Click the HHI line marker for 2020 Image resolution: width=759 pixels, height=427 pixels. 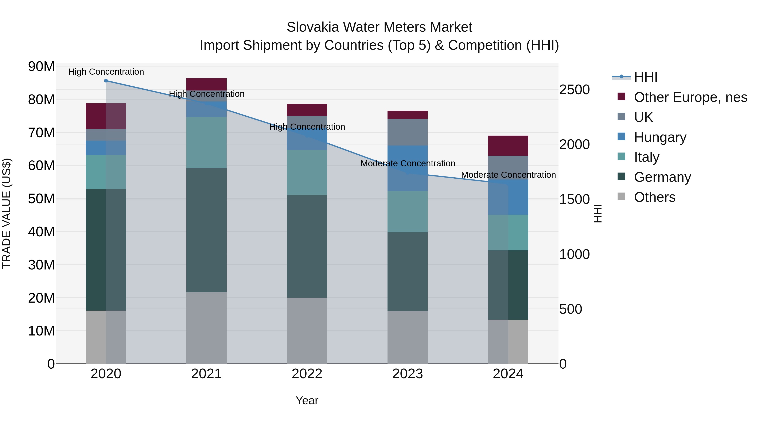(106, 81)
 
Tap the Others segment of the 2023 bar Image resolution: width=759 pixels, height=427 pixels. (408, 337)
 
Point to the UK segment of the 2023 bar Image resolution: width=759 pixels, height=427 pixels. (408, 132)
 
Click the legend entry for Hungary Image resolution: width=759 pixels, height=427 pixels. (660, 137)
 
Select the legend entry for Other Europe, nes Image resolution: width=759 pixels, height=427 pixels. (690, 97)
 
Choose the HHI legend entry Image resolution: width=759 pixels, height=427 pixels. (645, 77)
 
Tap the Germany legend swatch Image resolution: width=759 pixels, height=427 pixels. (621, 177)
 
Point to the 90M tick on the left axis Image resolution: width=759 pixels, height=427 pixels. (41, 67)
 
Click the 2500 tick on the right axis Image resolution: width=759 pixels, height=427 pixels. (574, 90)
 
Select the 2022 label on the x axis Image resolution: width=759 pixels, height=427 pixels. (307, 374)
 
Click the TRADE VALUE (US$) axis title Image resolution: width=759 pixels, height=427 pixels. (7, 213)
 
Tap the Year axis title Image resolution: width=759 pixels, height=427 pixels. (307, 400)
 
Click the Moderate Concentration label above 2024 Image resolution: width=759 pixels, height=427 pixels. (508, 175)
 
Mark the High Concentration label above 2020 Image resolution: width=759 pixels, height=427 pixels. (106, 72)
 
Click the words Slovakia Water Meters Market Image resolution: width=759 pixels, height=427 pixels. (379, 27)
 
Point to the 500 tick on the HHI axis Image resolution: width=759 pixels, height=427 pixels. (571, 309)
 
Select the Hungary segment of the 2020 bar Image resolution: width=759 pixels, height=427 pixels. (106, 148)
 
